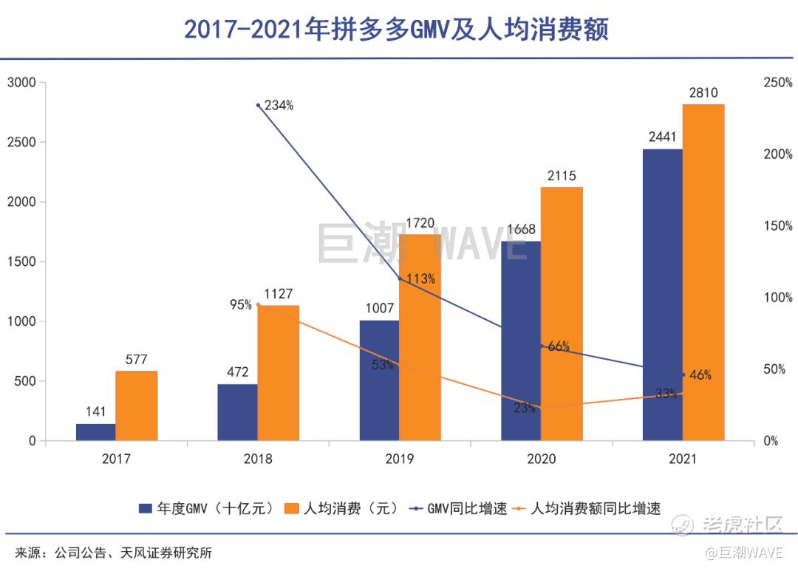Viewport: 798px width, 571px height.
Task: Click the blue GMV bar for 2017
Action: [95, 432]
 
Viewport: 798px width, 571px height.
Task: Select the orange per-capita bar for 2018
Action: [278, 373]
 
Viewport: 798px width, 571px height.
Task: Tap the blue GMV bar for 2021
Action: [662, 295]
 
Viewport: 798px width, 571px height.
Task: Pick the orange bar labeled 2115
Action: [562, 314]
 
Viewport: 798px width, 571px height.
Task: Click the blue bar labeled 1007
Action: [379, 380]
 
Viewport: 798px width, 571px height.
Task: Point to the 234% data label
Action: [279, 106]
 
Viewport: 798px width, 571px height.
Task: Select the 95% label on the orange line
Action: [240, 304]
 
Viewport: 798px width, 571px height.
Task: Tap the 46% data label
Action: [700, 375]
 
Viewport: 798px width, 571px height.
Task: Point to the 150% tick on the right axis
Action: [777, 226]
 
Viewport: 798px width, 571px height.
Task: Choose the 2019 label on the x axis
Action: [400, 459]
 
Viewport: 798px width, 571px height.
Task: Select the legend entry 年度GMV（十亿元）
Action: [208, 508]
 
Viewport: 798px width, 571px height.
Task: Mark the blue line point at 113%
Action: [400, 278]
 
